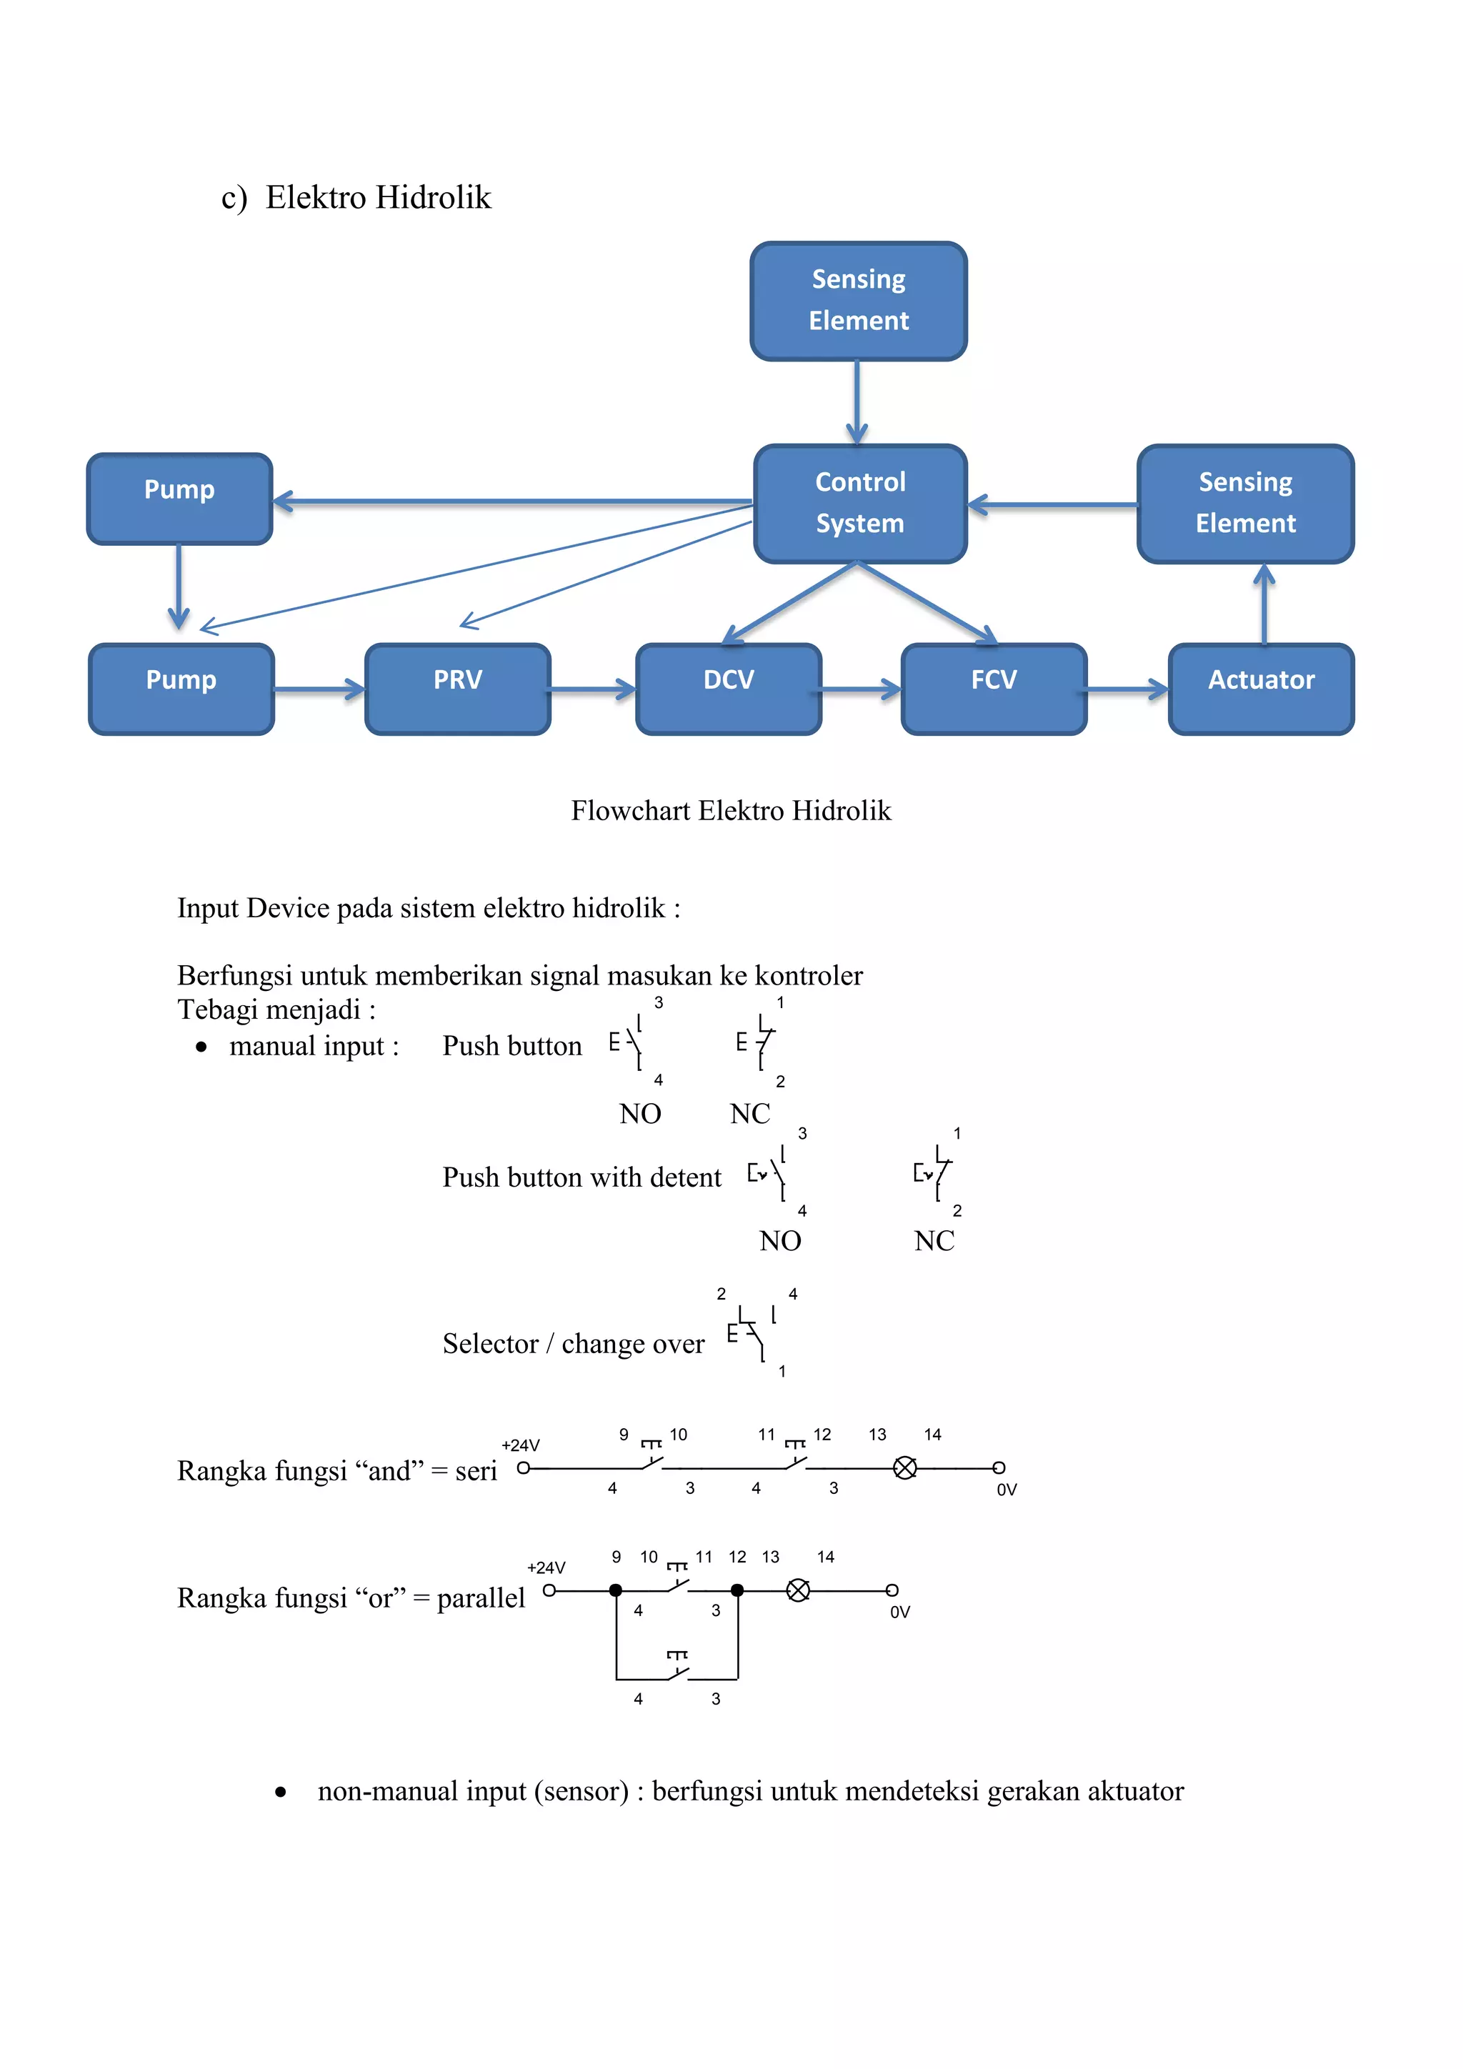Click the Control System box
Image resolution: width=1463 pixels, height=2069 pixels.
pyautogui.click(x=860, y=504)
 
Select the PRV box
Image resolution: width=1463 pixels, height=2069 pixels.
pyautogui.click(x=458, y=689)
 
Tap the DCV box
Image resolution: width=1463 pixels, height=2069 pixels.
pyautogui.click(x=728, y=689)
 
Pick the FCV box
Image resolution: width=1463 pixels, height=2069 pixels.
pyautogui.click(x=994, y=689)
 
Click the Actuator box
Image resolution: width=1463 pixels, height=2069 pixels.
pyautogui.click(x=1262, y=689)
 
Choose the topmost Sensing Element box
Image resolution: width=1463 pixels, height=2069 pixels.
pyautogui.click(x=859, y=301)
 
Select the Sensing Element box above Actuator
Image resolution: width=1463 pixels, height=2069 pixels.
pyautogui.click(x=1245, y=504)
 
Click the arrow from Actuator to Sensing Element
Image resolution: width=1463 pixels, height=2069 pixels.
pyautogui.click(x=1265, y=603)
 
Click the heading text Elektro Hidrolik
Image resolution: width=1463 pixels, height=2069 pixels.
pyautogui.click(x=379, y=198)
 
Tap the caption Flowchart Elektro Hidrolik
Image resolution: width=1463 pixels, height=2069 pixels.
pyautogui.click(x=731, y=811)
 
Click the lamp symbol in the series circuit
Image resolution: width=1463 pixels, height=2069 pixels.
pyautogui.click(x=904, y=1468)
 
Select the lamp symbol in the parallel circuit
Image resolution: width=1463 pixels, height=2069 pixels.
pyautogui.click(x=798, y=1590)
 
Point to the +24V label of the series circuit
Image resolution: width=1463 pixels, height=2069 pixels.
pyautogui.click(x=521, y=1445)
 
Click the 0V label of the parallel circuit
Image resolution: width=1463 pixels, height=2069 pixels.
pyautogui.click(x=900, y=1612)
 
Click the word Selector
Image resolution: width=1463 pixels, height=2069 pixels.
pyautogui.click(x=490, y=1345)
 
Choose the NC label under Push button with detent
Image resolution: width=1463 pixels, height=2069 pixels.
pyautogui.click(x=934, y=1242)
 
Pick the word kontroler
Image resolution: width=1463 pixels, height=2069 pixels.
pyautogui.click(x=808, y=976)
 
